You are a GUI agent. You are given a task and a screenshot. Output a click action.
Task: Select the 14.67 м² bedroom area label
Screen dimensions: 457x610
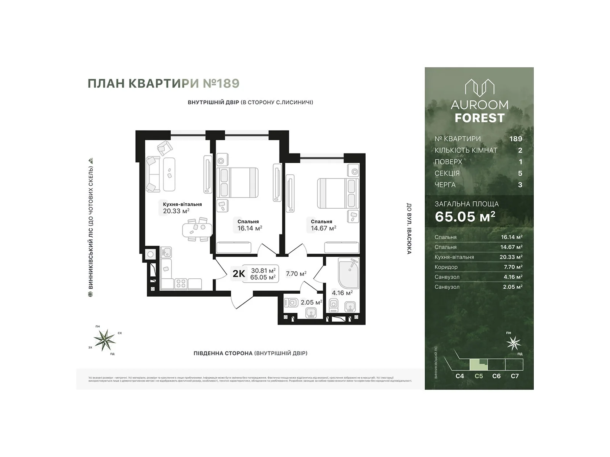pos(323,228)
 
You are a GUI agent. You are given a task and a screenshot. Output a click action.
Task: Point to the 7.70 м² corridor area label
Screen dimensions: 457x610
pos(296,273)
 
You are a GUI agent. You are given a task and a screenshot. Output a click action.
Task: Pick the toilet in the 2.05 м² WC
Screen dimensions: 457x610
pos(291,303)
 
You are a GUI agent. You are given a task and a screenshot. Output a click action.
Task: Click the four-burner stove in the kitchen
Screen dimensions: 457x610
pos(181,284)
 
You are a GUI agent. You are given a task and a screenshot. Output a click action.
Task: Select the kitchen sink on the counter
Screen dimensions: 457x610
pos(166,252)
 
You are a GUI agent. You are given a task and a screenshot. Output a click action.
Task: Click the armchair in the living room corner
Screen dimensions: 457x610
pos(165,148)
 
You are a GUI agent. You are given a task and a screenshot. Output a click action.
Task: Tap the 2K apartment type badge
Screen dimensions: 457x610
pos(239,273)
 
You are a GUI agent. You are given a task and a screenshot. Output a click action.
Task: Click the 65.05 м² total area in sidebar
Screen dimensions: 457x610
pos(465,216)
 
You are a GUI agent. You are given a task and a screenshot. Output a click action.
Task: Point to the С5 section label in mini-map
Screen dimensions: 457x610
pos(479,376)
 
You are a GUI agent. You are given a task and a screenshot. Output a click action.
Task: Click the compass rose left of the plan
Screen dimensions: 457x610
pos(104,339)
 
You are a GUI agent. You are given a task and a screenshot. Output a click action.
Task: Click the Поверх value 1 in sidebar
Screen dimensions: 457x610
pos(520,162)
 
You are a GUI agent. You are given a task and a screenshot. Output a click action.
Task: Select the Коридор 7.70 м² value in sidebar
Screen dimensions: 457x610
pos(512,267)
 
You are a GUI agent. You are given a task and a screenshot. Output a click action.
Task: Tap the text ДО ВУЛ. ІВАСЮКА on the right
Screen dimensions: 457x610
pos(409,228)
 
